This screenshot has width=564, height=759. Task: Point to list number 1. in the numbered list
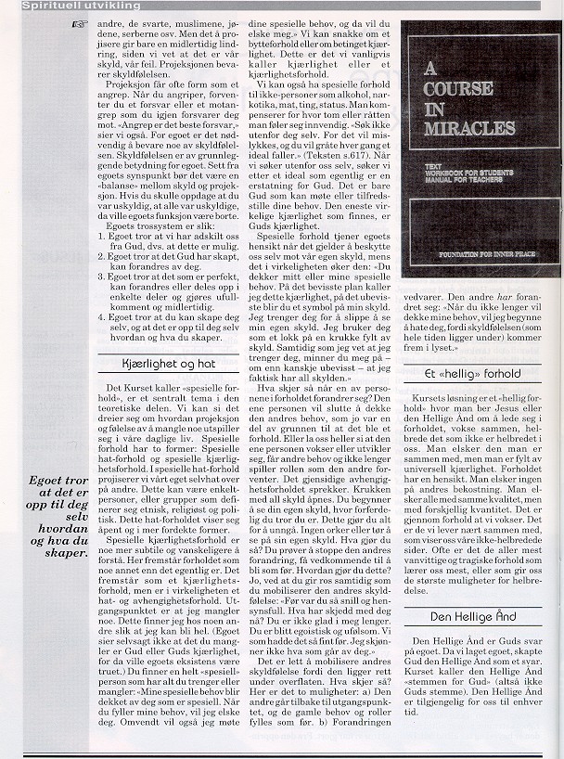pyautogui.click(x=101, y=212)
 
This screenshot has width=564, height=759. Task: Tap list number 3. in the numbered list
pyautogui.click(x=101, y=250)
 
